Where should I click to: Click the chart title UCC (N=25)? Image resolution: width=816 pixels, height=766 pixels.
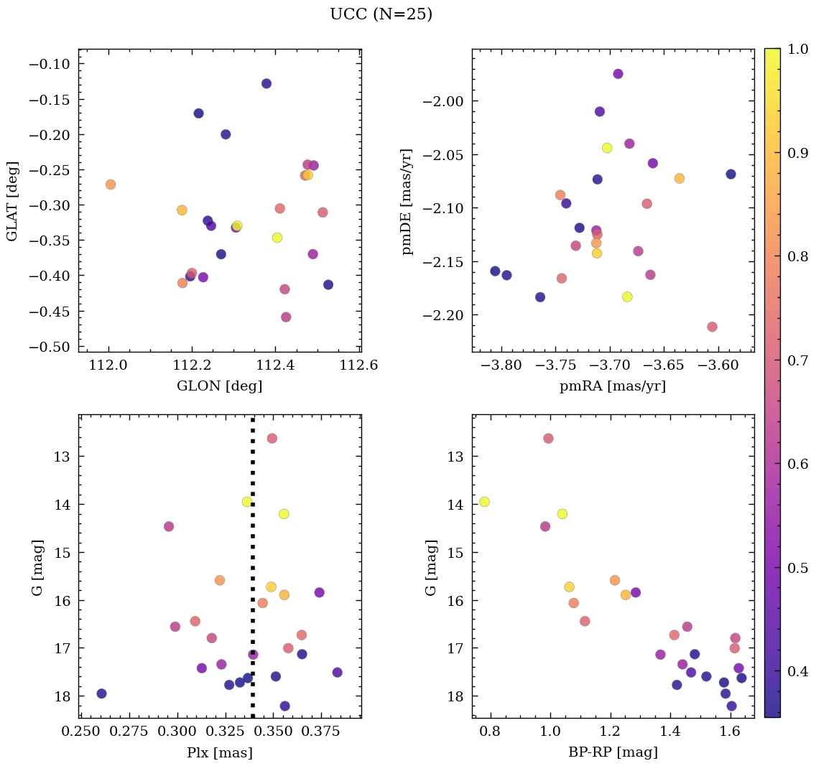[381, 14]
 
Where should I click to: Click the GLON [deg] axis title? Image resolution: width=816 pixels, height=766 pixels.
[219, 386]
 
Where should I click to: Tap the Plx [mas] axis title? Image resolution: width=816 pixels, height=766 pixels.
[219, 752]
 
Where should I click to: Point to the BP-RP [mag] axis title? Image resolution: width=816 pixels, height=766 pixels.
[613, 752]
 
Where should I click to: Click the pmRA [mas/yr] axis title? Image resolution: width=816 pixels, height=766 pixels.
[613, 386]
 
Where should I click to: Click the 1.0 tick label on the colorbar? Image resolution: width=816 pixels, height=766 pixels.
[798, 50]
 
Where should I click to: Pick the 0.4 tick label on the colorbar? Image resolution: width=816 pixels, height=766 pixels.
[798, 671]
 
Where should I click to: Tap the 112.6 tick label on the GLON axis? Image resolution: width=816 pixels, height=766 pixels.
[359, 365]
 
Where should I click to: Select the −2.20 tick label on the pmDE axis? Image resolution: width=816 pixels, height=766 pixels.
[445, 315]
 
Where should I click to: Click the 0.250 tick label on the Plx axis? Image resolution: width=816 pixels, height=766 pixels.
[80, 732]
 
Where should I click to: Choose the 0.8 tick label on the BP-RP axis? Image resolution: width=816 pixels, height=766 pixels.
[491, 732]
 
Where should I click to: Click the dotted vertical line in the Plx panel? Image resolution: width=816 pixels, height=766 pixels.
[253, 574]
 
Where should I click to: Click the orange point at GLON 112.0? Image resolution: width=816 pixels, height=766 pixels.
[111, 185]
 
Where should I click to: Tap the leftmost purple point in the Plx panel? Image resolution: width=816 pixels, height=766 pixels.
[101, 693]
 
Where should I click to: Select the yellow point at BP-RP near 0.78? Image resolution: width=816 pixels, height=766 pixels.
[484, 502]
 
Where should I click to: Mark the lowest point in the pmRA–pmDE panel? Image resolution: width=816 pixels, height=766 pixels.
[712, 327]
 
